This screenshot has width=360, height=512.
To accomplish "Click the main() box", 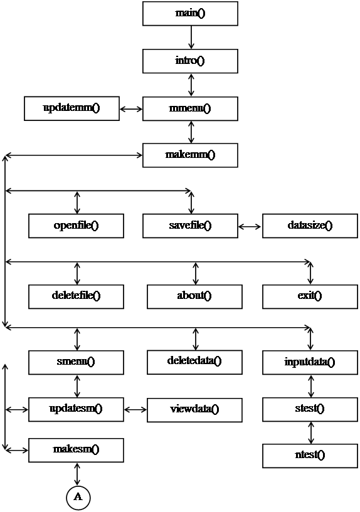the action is tap(190, 13).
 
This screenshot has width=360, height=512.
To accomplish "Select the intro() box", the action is tap(190, 61).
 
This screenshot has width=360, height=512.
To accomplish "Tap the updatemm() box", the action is tap(71, 108).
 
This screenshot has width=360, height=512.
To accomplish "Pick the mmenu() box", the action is tap(190, 108).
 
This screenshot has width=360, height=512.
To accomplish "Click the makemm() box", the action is tap(190, 155).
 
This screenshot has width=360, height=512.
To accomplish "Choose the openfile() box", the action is tap(76, 226).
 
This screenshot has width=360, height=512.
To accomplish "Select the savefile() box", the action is tap(190, 226).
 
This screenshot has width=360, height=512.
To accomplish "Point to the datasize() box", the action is tap(310, 226).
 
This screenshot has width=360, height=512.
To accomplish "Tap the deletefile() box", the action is tap(76, 296).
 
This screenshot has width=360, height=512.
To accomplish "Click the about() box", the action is tap(194, 296).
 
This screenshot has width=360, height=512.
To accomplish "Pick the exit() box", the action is tap(310, 296).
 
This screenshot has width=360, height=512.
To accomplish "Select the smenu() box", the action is tap(76, 362).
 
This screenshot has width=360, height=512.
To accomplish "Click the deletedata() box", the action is tap(194, 362).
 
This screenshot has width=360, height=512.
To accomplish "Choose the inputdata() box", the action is tap(310, 362).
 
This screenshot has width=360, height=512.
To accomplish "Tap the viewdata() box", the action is tap(194, 410).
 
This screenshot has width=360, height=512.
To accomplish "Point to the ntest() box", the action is tap(310, 456).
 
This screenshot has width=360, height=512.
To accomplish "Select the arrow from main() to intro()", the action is tap(191, 37).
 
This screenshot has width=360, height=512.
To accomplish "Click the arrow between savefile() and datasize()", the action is tap(250, 227).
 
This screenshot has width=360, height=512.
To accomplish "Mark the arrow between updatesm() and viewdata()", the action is tap(135, 409).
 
